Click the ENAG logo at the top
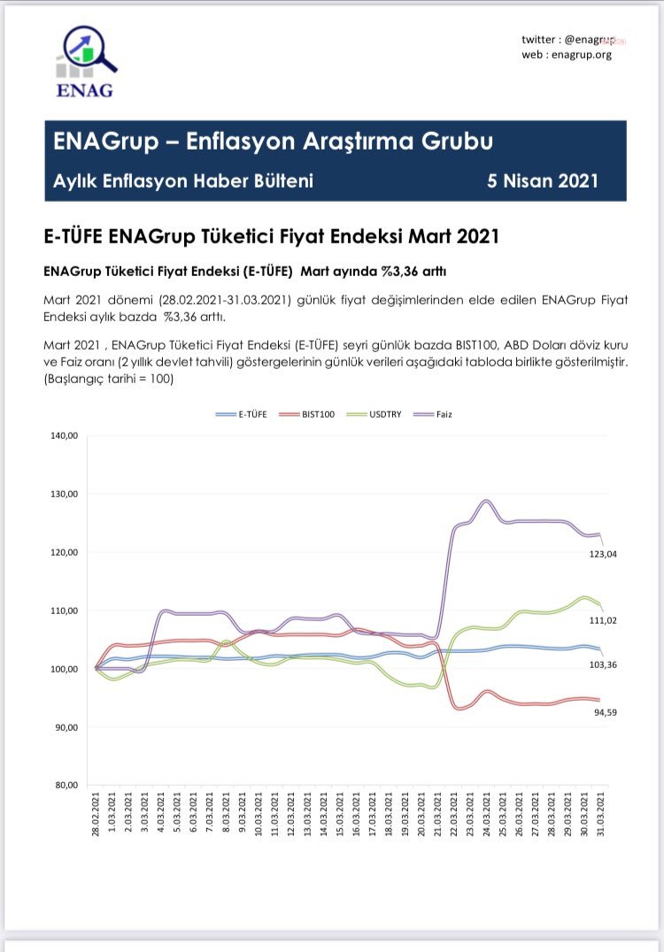85,62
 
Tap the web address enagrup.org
582,55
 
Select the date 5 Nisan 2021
543,180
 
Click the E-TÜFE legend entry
241,414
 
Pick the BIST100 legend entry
307,414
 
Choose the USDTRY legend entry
374,414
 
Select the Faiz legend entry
433,414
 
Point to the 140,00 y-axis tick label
65,435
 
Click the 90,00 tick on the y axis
66,726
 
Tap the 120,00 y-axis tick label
65,552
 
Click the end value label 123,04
603,554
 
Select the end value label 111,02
603,620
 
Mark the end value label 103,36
603,664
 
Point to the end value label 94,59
605,712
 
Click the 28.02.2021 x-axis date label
96,814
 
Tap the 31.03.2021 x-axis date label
601,814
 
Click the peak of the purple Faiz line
486,501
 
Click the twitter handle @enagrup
590,40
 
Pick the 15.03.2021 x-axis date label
340,814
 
